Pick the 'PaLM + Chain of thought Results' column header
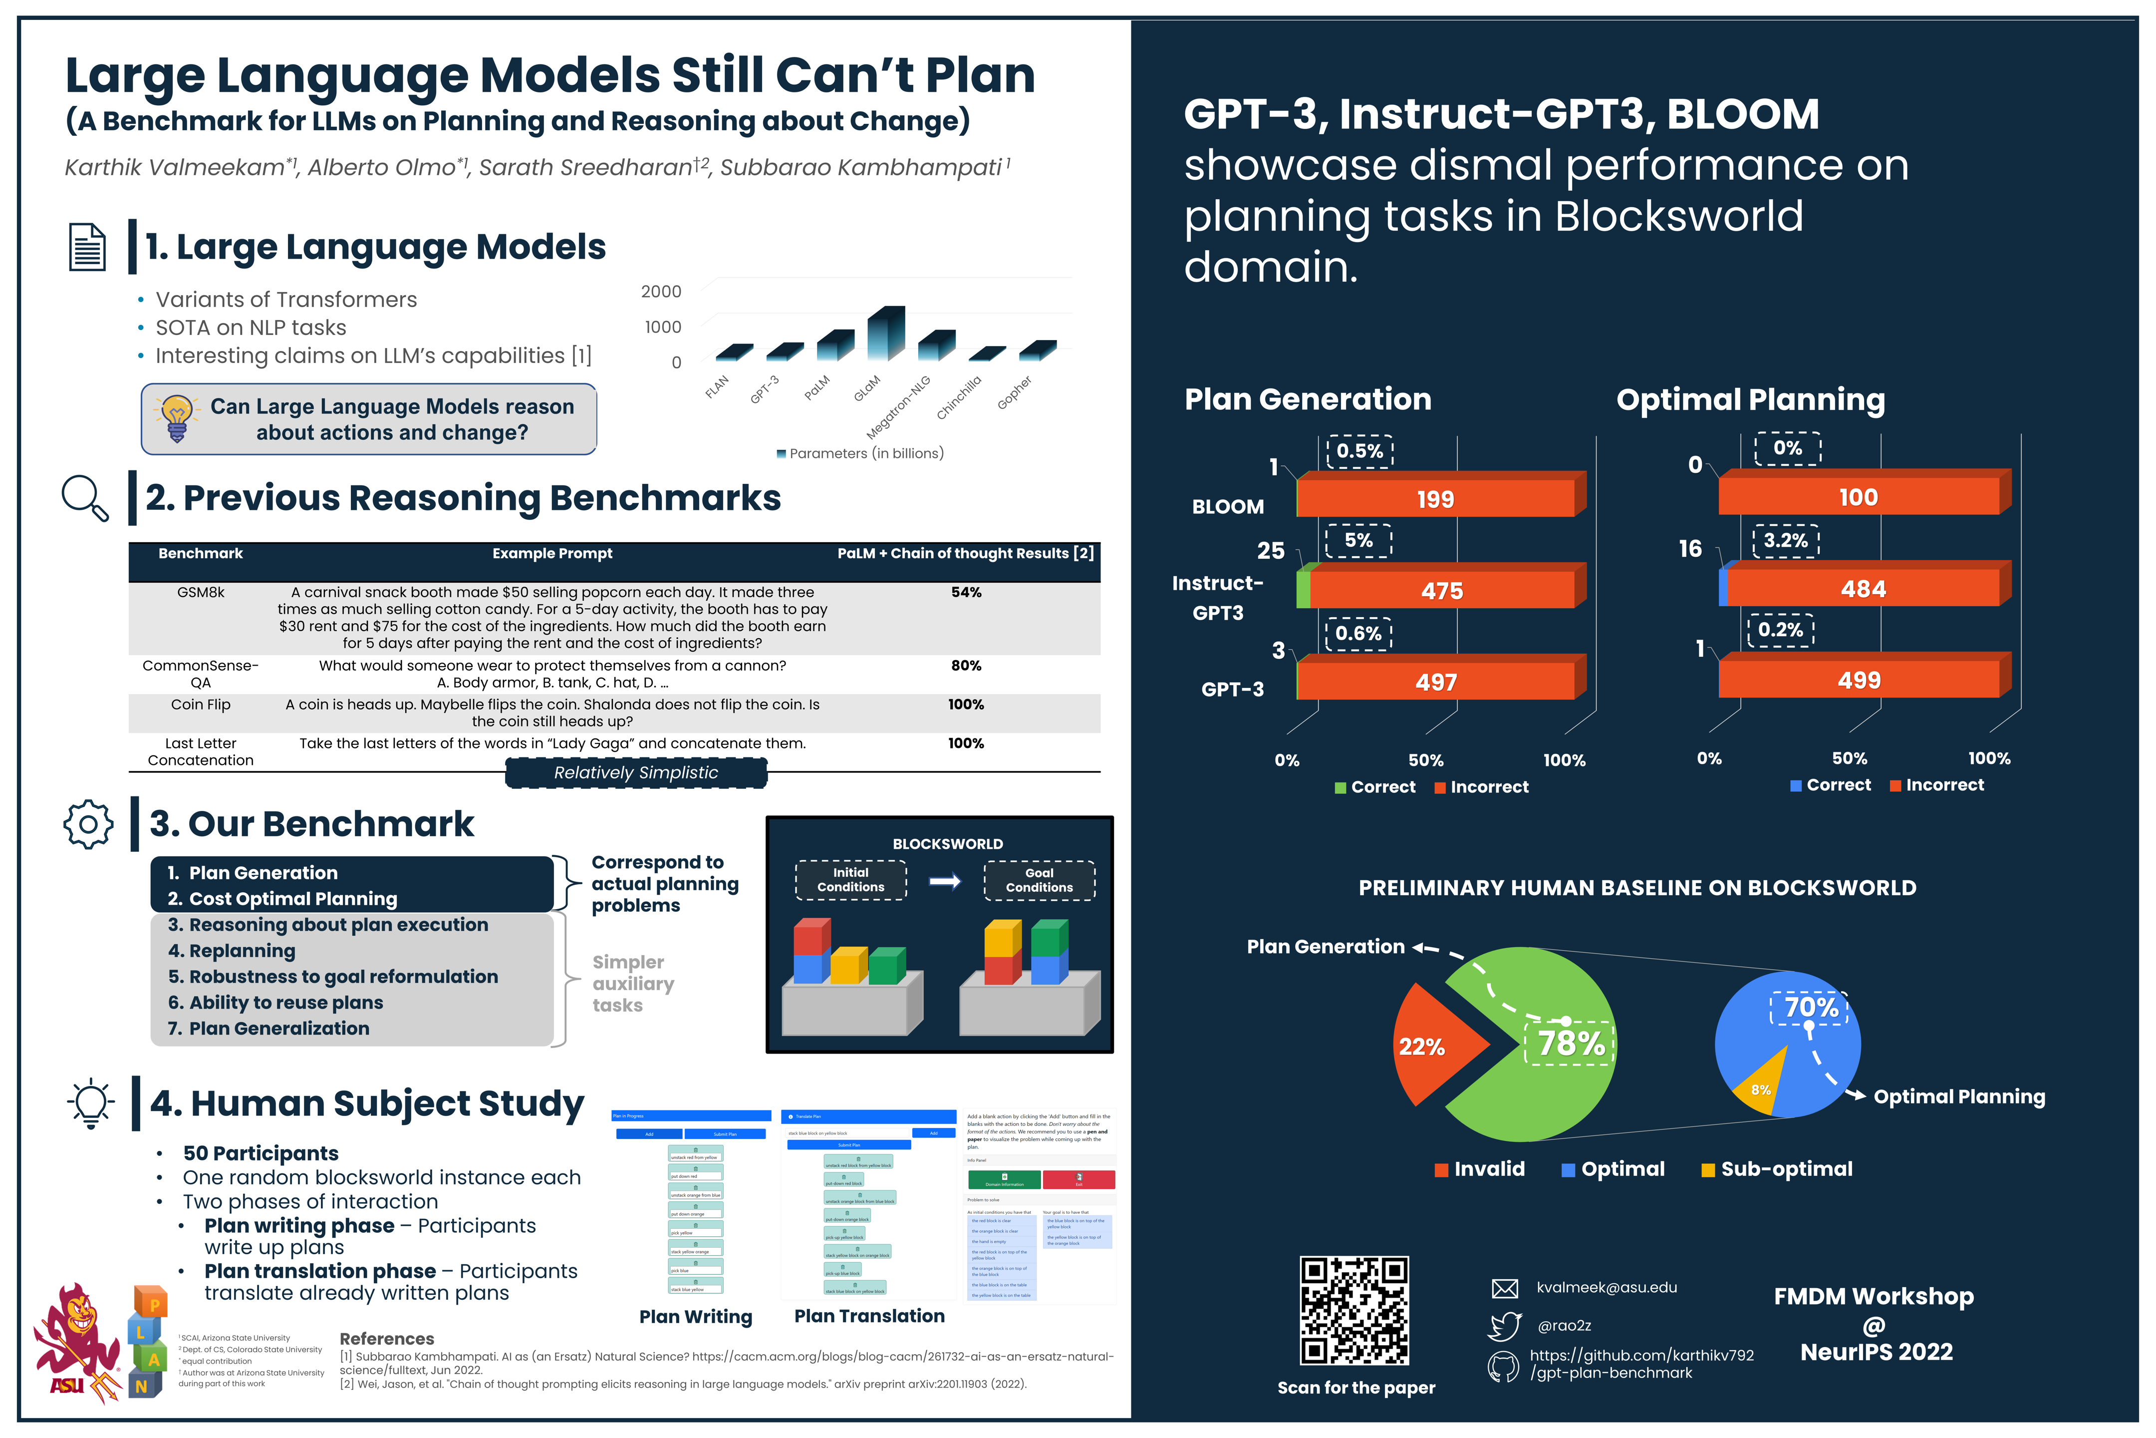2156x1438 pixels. (964, 553)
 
